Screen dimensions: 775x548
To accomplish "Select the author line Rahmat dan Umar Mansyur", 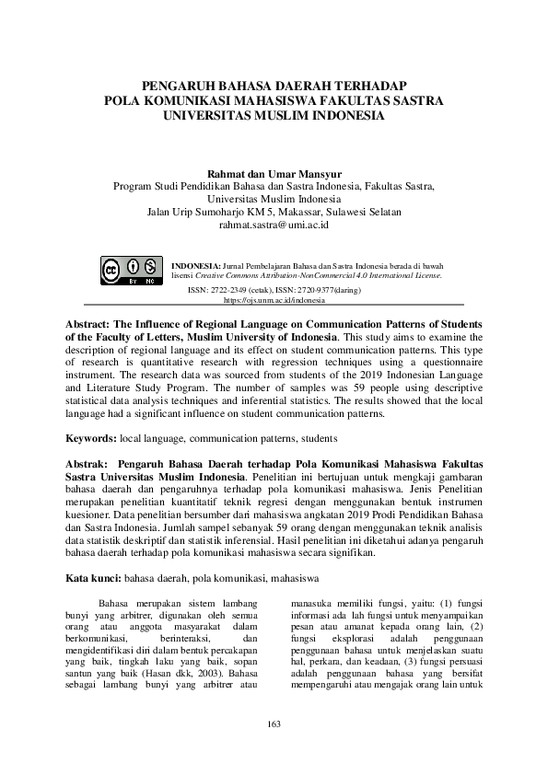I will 274,171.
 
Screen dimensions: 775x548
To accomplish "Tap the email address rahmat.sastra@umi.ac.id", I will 274,224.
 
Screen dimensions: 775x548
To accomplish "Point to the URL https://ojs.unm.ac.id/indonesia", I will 274,300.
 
